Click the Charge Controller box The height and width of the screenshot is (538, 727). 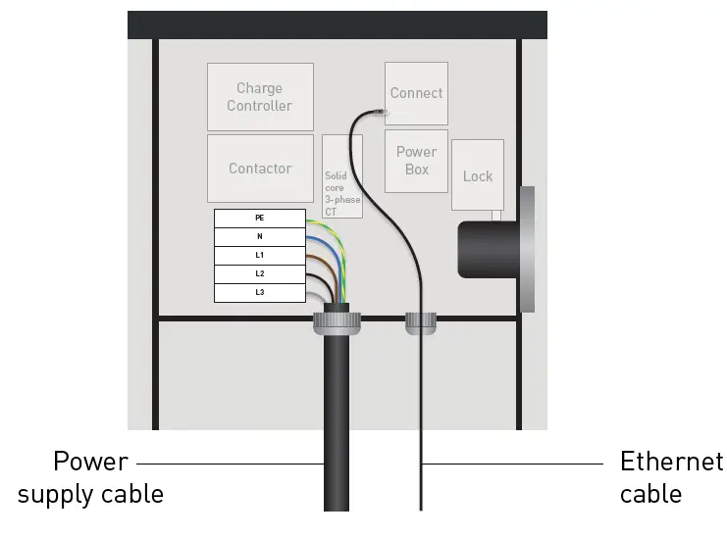coord(260,96)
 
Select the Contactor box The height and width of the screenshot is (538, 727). coord(260,168)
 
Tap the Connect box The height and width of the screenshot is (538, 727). coord(416,93)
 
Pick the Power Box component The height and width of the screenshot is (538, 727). coord(416,161)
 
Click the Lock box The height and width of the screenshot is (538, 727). coord(478,175)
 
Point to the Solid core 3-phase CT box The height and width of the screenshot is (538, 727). coord(342,176)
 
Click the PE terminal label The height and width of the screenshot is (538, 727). coord(259,218)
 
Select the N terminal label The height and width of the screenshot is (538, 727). coord(259,236)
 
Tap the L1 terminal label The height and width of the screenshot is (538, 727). coord(259,255)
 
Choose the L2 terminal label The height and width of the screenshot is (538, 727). coord(259,273)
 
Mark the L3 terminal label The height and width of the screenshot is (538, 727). coord(259,292)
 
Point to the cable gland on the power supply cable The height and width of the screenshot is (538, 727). coord(337,322)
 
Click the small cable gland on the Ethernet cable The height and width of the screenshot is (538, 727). coord(421,320)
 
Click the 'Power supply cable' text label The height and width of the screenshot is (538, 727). coord(90,477)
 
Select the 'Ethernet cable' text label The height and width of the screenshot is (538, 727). coord(671,477)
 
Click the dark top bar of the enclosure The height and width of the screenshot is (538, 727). coord(337,24)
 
